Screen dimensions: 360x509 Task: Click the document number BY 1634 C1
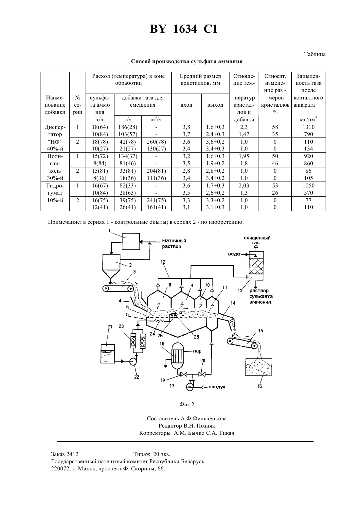click(184, 29)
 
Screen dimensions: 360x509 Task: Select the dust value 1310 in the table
click(308, 127)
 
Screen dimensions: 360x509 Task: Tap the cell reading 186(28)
click(128, 127)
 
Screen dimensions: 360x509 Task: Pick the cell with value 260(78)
click(156, 142)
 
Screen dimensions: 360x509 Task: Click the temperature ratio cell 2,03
click(244, 186)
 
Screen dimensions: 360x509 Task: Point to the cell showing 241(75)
click(156, 201)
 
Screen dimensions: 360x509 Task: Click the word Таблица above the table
click(315, 54)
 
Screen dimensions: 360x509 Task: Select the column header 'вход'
click(186, 105)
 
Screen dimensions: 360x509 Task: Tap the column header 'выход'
click(215, 105)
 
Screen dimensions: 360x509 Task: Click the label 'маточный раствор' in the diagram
click(174, 243)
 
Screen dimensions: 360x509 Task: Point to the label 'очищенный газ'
click(257, 240)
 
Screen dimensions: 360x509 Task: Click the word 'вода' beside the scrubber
click(234, 254)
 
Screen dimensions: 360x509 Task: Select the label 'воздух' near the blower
click(217, 387)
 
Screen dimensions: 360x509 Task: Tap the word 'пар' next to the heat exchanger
click(197, 351)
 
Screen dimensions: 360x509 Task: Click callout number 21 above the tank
click(110, 327)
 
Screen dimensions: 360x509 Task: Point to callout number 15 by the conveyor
click(261, 331)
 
